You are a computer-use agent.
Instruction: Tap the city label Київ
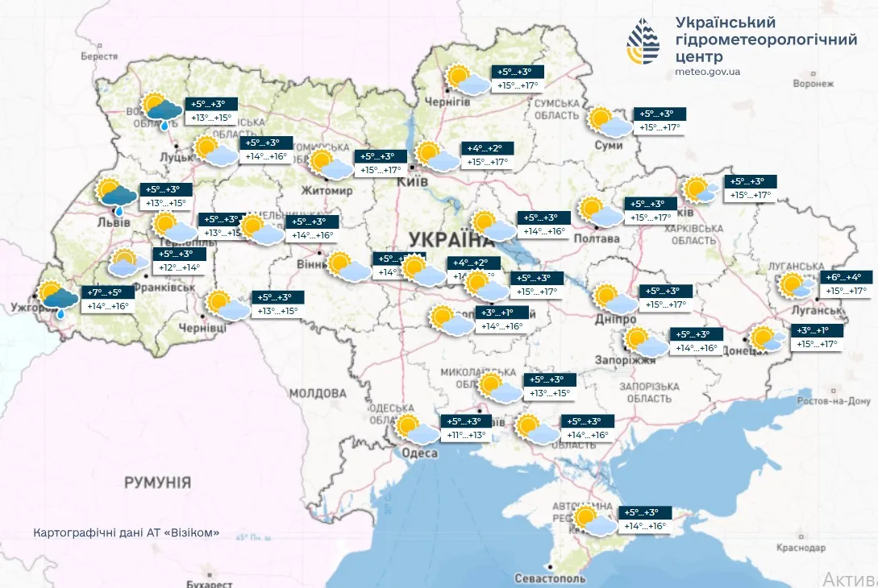[x=411, y=181]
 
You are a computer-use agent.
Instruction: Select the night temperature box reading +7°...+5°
[x=106, y=292]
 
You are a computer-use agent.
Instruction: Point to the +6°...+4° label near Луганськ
[x=843, y=276]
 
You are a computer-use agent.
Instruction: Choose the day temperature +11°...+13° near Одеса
[x=466, y=436]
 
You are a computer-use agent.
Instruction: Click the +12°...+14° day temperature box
[x=179, y=267]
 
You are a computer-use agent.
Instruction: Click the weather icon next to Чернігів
[x=468, y=81]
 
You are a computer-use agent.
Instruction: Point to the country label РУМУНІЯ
[x=157, y=482]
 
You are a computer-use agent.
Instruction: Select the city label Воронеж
[x=812, y=83]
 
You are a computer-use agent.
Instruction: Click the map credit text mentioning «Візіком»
[x=127, y=533]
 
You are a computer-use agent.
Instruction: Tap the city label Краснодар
[x=801, y=548]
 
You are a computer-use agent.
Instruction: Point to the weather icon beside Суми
[x=610, y=122]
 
